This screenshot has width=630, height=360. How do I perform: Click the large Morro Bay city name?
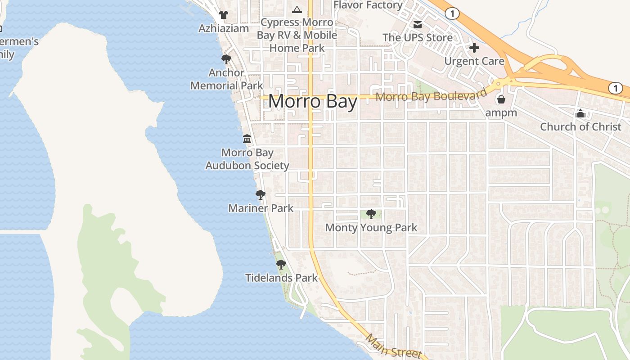(313, 102)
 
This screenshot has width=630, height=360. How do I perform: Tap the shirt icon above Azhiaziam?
(224, 15)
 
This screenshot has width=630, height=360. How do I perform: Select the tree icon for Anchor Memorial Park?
(226, 59)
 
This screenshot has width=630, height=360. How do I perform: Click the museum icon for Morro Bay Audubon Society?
(247, 139)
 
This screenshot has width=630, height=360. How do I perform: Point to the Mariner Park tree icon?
(260, 195)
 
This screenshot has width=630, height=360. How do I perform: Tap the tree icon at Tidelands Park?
(281, 264)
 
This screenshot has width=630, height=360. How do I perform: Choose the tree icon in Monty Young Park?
(371, 214)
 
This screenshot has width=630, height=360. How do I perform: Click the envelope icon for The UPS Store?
(418, 24)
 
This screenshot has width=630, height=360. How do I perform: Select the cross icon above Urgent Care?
(474, 47)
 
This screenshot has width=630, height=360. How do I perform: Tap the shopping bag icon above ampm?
(501, 99)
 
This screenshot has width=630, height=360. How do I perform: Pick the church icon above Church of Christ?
(580, 113)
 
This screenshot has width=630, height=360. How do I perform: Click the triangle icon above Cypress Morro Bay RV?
(297, 9)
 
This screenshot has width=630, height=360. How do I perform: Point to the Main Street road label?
(393, 346)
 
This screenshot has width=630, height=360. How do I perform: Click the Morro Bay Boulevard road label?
(431, 95)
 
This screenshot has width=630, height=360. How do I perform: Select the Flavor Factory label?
(368, 5)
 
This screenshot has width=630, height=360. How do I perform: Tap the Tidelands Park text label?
(282, 278)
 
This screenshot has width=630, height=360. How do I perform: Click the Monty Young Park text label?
(371, 228)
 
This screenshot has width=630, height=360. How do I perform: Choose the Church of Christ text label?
(580, 126)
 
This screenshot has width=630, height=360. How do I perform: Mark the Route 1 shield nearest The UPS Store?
(452, 13)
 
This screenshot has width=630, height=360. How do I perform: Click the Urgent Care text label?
(474, 61)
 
